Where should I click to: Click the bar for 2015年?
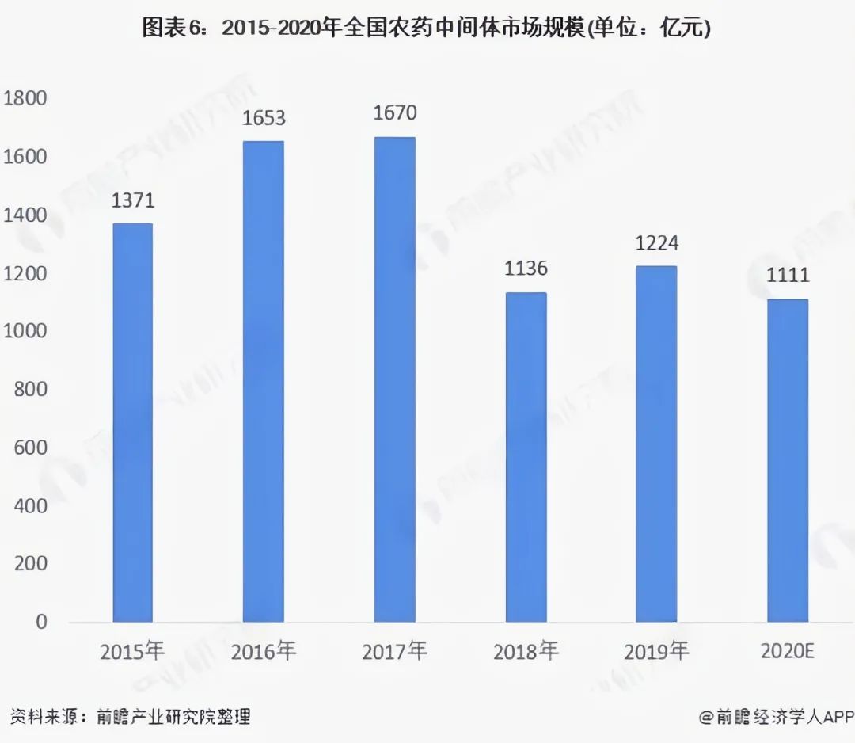132,422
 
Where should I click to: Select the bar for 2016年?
263,381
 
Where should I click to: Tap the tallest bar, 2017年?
394,379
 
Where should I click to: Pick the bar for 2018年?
526,457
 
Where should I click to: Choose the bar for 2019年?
656,444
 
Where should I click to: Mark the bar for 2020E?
787,460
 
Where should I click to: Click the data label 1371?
132,200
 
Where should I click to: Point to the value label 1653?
264,118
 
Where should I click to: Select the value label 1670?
394,113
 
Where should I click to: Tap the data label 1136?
526,269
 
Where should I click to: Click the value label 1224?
656,242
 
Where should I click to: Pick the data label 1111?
787,276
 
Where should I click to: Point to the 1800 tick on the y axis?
25,99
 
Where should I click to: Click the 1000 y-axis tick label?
25,331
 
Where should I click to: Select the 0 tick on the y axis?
41,622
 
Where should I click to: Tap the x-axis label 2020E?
787,652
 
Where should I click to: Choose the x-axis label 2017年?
394,652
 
